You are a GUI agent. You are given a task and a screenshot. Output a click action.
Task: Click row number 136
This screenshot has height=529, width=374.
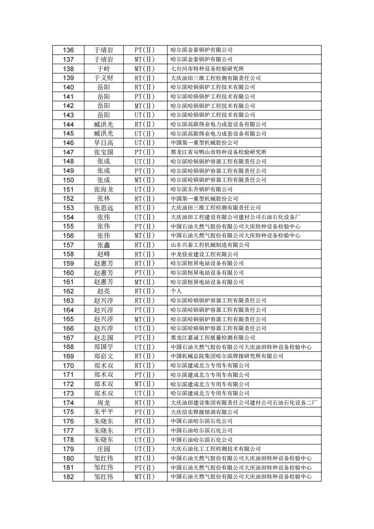tap(68, 50)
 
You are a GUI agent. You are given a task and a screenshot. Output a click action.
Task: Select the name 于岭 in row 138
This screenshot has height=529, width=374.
tap(104, 69)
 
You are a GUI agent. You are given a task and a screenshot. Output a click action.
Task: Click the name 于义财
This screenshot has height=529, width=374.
tap(104, 78)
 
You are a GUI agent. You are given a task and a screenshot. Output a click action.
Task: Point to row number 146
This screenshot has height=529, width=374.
tap(68, 143)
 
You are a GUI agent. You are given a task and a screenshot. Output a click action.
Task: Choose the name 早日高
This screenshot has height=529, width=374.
tap(104, 143)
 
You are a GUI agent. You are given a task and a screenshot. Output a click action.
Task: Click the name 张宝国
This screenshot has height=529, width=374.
tap(104, 152)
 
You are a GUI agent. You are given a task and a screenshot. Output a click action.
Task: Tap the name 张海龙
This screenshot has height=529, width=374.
tap(104, 189)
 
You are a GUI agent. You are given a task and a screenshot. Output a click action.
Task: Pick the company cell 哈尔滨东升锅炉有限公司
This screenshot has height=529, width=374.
tap(202, 189)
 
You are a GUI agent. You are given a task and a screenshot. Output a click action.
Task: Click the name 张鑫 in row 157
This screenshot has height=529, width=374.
tap(104, 245)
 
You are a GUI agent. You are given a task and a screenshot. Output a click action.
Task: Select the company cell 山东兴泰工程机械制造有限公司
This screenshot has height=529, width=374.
tap(210, 245)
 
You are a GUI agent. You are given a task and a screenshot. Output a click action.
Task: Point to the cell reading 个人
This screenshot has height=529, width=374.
tap(176, 291)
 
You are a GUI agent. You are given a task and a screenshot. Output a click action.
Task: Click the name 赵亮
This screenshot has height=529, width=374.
tap(104, 291)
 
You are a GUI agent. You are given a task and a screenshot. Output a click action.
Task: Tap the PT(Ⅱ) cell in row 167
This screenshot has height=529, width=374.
tap(145, 338)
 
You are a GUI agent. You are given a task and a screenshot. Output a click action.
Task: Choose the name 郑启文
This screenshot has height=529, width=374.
tap(104, 356)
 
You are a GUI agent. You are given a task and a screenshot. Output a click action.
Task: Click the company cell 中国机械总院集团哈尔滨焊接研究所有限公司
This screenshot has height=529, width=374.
tap(227, 356)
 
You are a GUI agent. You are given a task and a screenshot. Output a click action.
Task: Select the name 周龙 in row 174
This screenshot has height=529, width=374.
tap(104, 403)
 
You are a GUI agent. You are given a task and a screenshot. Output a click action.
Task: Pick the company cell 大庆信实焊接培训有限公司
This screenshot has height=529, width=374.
tap(204, 412)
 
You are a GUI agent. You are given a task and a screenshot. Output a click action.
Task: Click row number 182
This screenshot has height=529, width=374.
tap(68, 477)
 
